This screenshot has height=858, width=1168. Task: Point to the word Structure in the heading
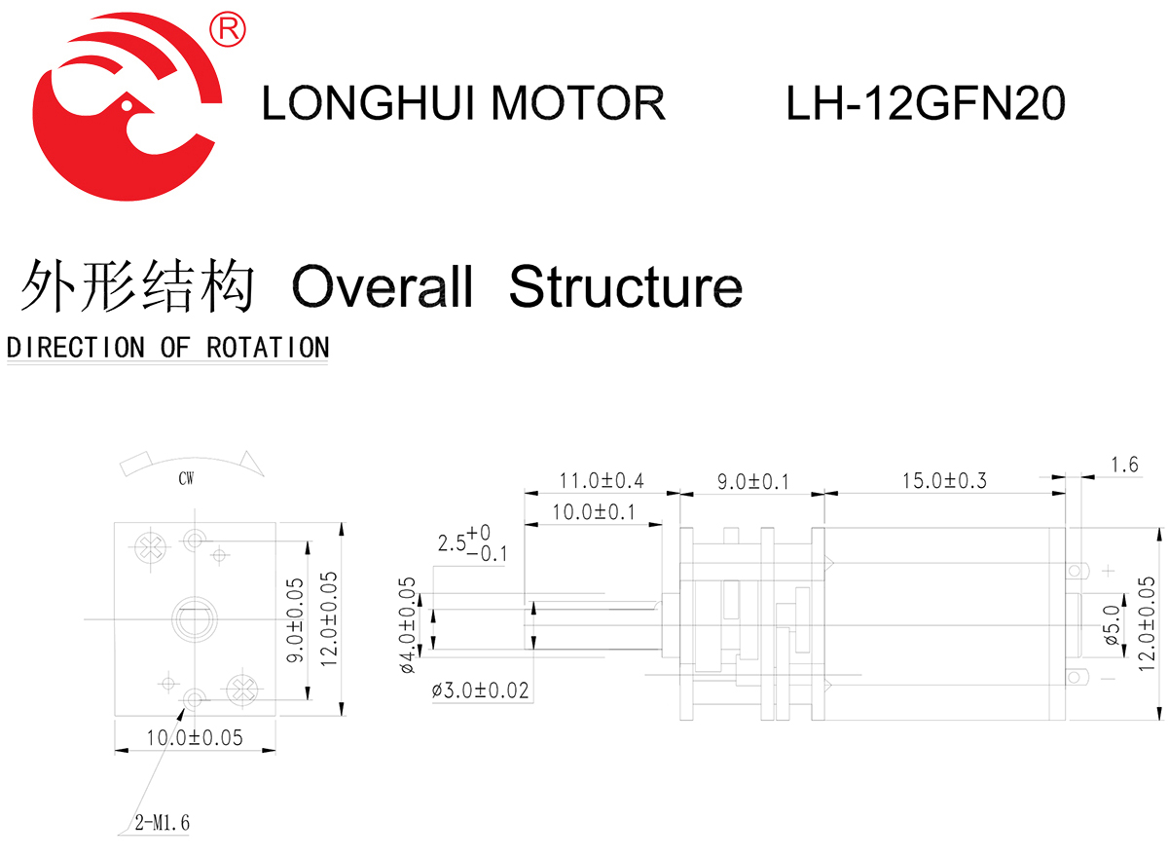pos(625,287)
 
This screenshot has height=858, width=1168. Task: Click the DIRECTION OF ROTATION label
pos(167,348)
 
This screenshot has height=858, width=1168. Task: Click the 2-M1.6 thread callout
pos(163,824)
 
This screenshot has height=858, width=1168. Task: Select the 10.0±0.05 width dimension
pos(194,737)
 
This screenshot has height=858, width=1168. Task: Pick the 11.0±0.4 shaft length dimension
pos(601,480)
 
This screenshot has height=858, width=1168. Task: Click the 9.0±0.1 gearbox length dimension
pos(751,480)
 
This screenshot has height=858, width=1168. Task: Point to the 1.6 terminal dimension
pos(1123,466)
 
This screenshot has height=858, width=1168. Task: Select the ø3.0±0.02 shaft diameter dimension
pos(481,690)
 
